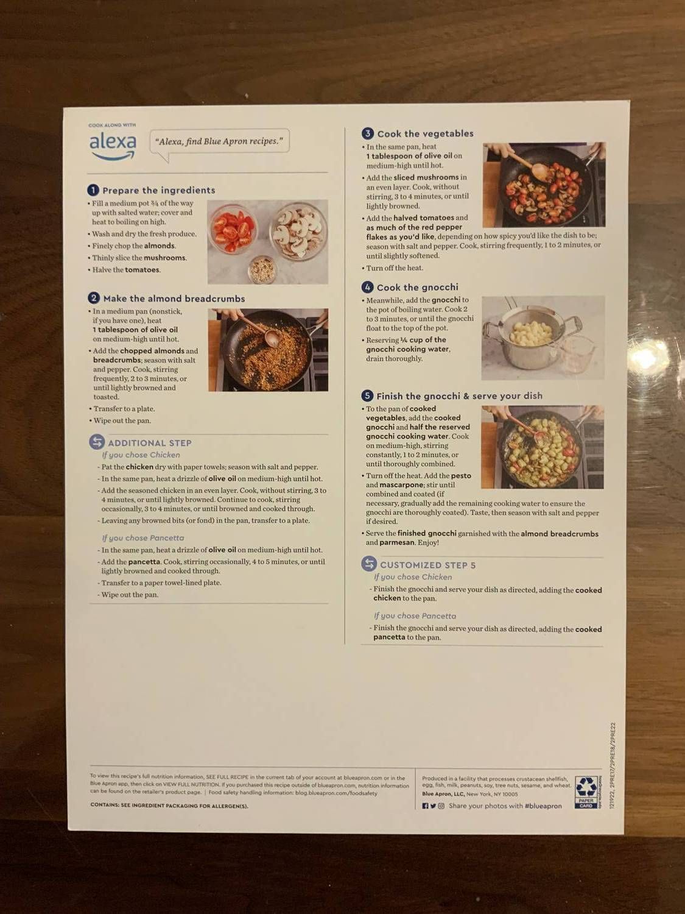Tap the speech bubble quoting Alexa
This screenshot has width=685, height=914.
[219, 142]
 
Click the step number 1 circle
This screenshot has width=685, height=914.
[93, 190]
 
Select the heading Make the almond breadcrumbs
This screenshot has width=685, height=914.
[174, 299]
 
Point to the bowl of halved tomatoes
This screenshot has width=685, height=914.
[233, 230]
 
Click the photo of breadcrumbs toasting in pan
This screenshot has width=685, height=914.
[268, 350]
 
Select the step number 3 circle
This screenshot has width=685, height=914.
[367, 133]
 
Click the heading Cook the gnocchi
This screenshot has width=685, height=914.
[417, 288]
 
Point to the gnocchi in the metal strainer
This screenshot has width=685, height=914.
[530, 333]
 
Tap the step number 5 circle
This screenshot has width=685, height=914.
[367, 396]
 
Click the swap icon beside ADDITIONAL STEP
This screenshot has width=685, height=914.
[97, 442]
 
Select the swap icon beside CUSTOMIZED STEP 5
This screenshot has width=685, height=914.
[368, 564]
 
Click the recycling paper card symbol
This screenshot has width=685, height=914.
[586, 792]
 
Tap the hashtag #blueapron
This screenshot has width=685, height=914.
[543, 806]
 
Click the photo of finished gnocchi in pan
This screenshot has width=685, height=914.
[542, 447]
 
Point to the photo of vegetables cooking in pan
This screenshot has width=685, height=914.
[544, 185]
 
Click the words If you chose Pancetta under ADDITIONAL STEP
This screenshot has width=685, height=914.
[142, 538]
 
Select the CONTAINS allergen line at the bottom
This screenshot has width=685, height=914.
[169, 806]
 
